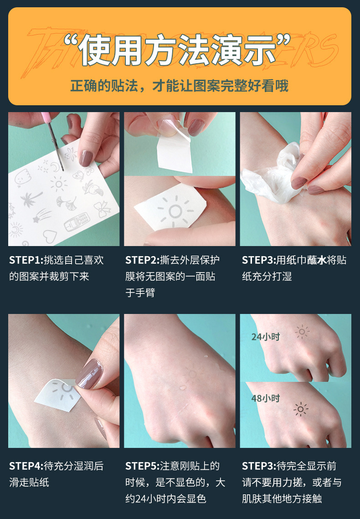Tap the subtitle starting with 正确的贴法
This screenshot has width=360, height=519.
180,86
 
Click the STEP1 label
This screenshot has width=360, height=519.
26,260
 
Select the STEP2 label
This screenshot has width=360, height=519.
142,260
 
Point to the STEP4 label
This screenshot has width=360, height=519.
26,466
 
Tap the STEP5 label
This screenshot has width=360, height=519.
142,466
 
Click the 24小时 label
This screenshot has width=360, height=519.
266,337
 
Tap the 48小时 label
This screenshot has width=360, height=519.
266,398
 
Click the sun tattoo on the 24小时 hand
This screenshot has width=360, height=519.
301,332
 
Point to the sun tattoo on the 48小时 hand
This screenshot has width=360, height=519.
301,409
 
